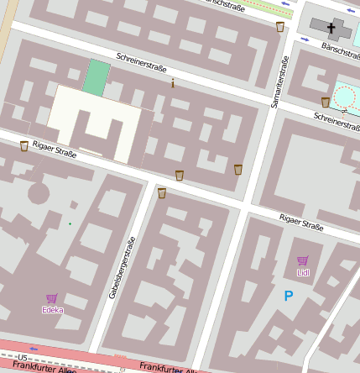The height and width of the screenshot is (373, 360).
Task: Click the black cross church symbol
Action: pos(331,29)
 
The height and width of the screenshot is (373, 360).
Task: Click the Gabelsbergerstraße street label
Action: pos(123,269)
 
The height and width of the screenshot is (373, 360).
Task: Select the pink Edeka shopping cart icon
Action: pos(52,298)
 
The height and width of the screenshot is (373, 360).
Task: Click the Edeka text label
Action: pos(53,310)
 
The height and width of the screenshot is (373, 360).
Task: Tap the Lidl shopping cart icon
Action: pos(302,261)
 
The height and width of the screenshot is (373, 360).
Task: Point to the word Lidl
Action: pos(303,272)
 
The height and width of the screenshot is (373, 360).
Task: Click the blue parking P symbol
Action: pos(289,296)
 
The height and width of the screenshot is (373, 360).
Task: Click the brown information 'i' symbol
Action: pos(173,83)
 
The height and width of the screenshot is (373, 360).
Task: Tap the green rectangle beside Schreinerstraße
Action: pos(97,77)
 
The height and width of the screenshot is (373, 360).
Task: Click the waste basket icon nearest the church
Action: pos(279,27)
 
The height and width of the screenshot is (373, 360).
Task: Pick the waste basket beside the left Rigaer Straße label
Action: pos(23,146)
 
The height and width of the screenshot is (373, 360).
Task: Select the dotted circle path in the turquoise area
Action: pos(345,97)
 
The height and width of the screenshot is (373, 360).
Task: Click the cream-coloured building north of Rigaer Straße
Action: pos(92,122)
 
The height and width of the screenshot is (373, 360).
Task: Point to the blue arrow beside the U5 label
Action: pos(34,347)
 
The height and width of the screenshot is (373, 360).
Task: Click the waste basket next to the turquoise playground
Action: pos(326,102)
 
